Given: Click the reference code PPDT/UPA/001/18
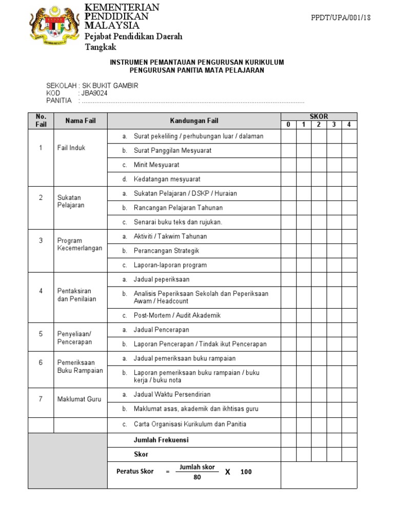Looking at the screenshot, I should click(x=341, y=17).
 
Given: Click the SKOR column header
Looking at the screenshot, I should click(x=319, y=116).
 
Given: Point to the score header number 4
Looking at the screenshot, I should click(x=349, y=125).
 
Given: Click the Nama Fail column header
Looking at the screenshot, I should click(x=80, y=120).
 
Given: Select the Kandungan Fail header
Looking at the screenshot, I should click(x=194, y=120).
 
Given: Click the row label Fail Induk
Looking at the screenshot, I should click(x=71, y=148).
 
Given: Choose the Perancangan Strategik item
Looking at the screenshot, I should click(x=166, y=251).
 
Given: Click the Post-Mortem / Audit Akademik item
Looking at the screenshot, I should click(x=177, y=315).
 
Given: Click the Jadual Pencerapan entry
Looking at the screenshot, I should click(x=161, y=330).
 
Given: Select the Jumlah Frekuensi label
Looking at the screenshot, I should click(x=161, y=440).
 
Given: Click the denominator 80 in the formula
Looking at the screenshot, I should click(x=197, y=477).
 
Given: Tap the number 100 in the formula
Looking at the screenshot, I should click(x=246, y=472).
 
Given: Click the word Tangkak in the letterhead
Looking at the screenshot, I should click(x=100, y=47).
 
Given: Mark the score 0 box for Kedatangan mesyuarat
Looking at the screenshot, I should click(x=288, y=179).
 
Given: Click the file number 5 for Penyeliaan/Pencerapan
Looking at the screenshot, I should click(x=41, y=334).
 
